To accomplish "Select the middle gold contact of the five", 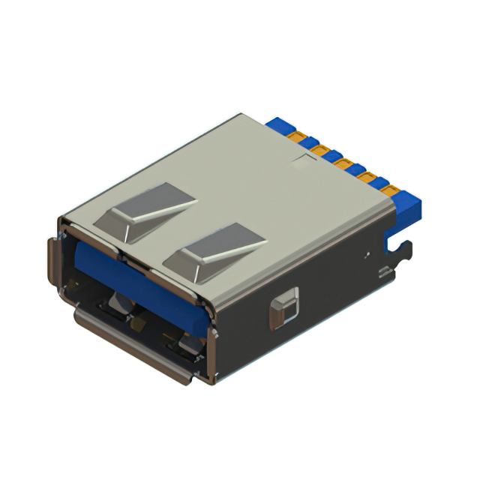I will [x=343, y=164].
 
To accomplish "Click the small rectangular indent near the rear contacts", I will [x=304, y=159].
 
